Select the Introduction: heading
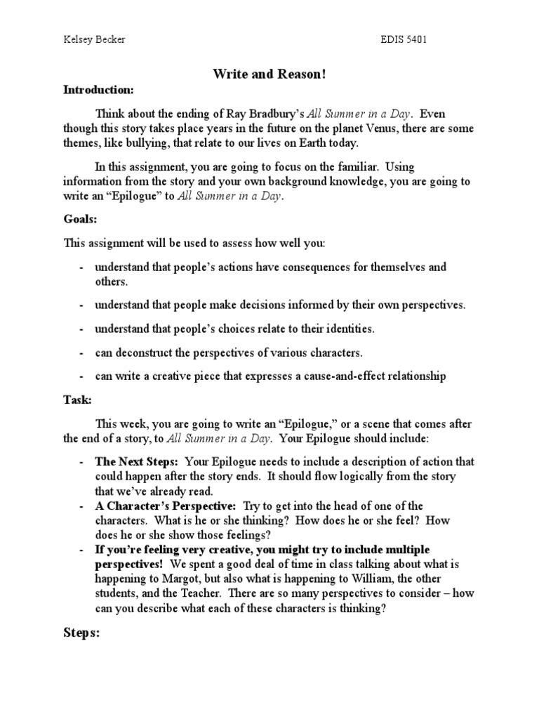pyautogui.click(x=98, y=90)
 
